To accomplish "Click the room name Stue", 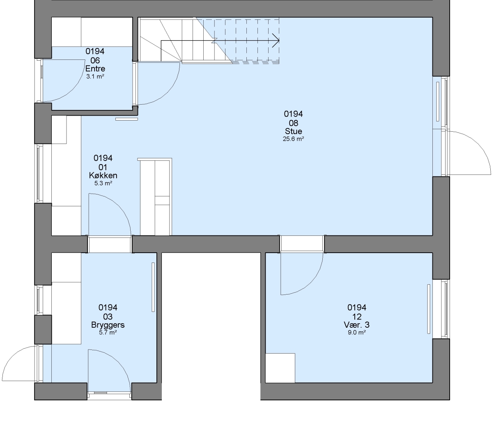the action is [x=293, y=131].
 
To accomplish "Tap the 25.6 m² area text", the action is [x=293, y=139].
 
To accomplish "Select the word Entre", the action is [x=95, y=69].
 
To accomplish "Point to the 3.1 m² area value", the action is [x=95, y=76].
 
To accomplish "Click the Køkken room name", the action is [x=103, y=175].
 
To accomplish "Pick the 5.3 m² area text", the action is [x=103, y=183].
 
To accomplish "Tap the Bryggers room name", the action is [x=108, y=325].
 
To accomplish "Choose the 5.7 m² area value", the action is [x=108, y=332].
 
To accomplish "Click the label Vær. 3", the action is [x=357, y=324].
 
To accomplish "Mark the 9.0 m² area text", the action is [x=357, y=332].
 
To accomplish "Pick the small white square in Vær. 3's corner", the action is [x=280, y=368].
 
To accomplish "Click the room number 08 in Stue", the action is [x=293, y=123].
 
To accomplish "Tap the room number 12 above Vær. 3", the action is [x=357, y=317].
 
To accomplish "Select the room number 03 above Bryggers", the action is [x=108, y=317].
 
